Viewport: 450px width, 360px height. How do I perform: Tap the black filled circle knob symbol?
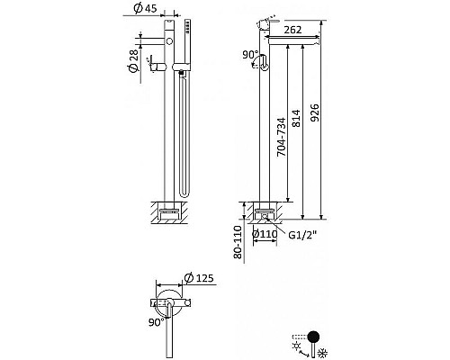314,337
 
